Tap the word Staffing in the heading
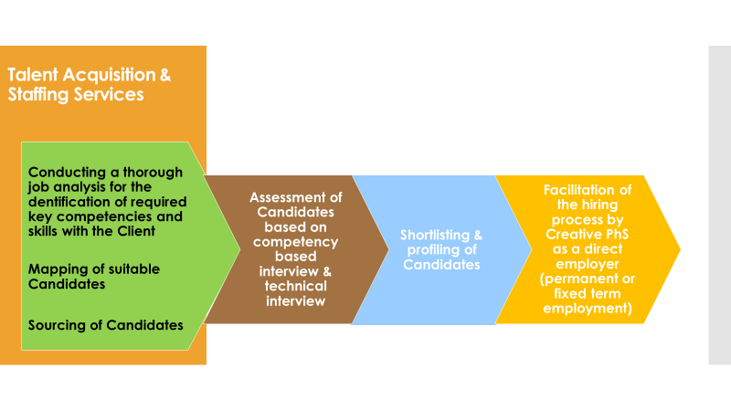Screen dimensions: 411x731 tap(37, 94)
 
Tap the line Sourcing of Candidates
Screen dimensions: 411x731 tap(105, 325)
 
